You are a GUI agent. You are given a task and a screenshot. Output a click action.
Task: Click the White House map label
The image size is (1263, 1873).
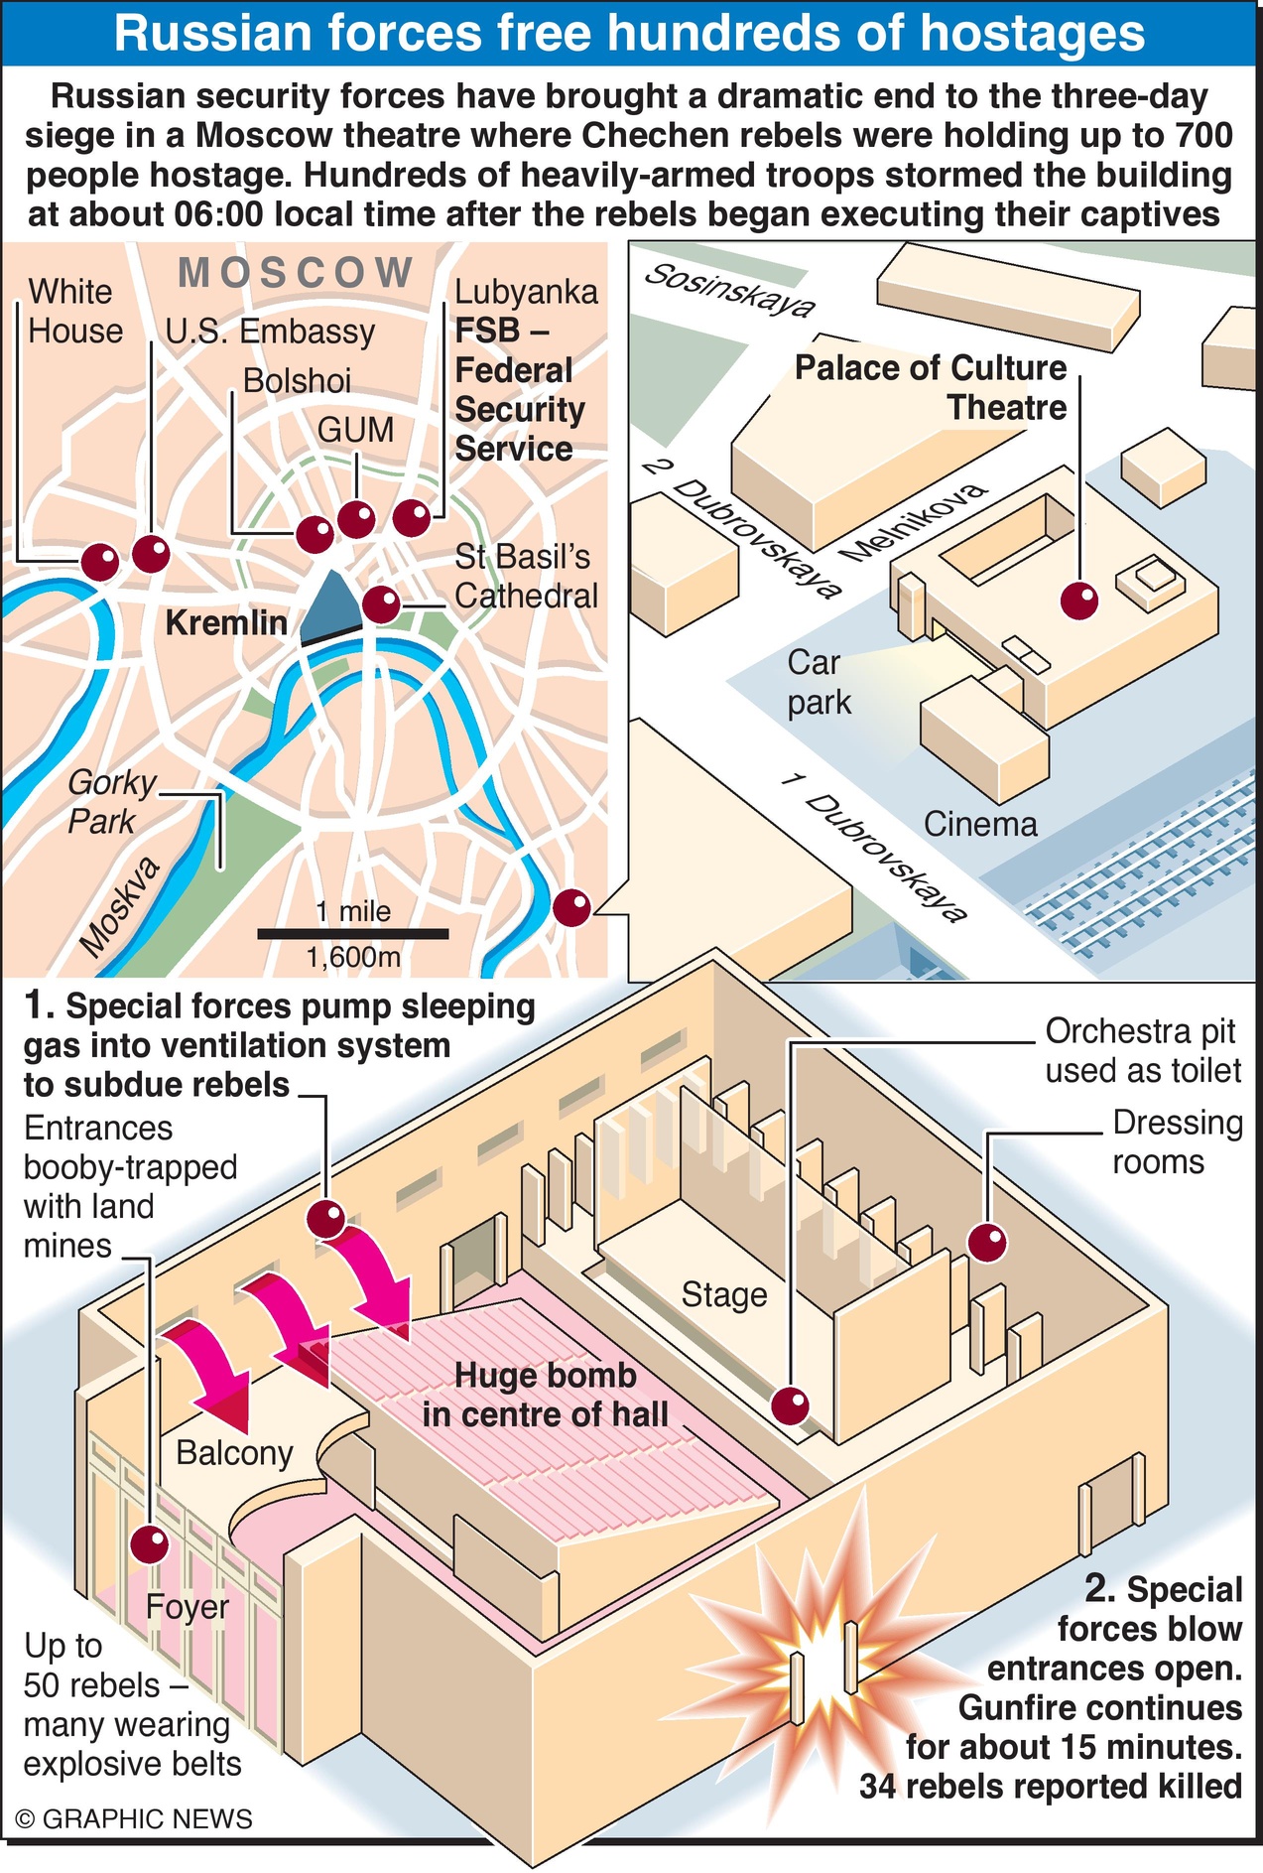[x=75, y=311]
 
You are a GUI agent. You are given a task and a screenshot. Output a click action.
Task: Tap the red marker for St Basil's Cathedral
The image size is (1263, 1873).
[x=381, y=604]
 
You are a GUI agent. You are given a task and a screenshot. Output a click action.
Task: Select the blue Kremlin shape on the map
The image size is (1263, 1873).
[x=330, y=606]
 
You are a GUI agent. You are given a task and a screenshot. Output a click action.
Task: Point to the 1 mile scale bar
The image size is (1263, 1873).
[x=352, y=933]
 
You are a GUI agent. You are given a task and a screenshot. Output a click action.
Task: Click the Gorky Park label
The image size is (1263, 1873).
[x=108, y=802]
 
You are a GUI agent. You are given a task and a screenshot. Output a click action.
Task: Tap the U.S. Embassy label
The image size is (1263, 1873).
[x=270, y=332]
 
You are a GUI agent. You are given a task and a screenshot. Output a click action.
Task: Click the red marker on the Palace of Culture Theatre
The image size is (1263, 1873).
[x=1079, y=601]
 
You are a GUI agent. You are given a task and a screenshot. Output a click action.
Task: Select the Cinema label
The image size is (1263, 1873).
[x=979, y=824]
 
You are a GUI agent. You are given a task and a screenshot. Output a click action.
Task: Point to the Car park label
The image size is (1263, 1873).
[x=818, y=682]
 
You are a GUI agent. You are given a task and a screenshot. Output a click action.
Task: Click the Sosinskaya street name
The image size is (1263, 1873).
[x=728, y=289]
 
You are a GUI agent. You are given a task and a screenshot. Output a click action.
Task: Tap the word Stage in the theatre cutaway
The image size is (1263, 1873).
[x=724, y=1295]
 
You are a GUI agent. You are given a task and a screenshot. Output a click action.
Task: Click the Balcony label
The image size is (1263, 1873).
[x=234, y=1453]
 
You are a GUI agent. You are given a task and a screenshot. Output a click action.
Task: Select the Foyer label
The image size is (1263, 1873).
[x=187, y=1607]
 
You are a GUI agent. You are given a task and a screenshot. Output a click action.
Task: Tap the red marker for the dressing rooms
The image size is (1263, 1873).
[x=987, y=1243]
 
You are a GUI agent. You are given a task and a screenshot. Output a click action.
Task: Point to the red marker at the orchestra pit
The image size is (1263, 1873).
[x=791, y=1405]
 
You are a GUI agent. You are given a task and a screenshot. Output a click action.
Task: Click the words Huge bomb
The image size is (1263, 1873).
[x=545, y=1376]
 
